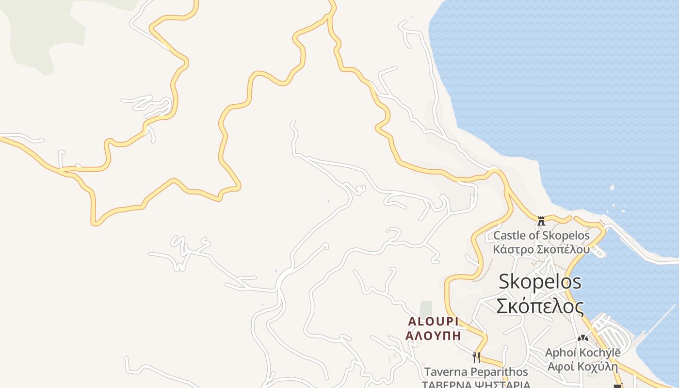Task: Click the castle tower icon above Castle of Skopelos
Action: [541, 221]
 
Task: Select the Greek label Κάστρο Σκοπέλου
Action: [541, 250]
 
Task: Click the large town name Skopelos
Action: [540, 281]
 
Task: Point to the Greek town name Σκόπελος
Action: [540, 306]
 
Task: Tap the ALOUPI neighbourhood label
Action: [433, 322]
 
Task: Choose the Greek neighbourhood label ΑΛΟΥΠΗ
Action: [433, 335]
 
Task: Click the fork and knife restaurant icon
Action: [476, 357]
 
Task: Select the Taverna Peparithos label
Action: [476, 372]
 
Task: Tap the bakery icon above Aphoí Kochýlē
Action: [582, 338]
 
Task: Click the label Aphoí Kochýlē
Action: [582, 353]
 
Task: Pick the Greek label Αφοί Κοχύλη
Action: [582, 366]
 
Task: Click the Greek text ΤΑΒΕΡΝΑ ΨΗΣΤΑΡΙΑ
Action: [475, 384]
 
